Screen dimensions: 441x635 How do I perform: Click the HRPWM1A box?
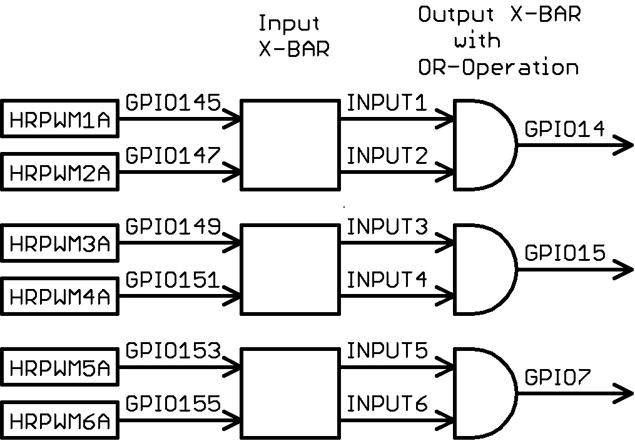[61, 118]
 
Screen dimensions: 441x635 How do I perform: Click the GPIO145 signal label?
[173, 102]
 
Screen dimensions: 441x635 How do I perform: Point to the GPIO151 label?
[173, 280]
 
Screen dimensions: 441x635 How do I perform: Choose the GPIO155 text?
[173, 405]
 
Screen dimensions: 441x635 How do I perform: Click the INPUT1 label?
[387, 103]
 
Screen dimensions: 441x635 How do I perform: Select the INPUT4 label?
[387, 280]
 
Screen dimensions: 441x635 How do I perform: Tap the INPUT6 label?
[387, 405]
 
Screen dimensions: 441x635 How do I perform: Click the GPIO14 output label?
[565, 129]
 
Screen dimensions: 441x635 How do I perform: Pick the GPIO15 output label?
[565, 253]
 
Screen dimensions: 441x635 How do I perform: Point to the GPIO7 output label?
[558, 378]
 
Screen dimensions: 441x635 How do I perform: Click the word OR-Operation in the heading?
[499, 67]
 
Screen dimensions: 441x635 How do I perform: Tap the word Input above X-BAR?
[289, 24]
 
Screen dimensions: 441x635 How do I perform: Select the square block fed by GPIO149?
[290, 269]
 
